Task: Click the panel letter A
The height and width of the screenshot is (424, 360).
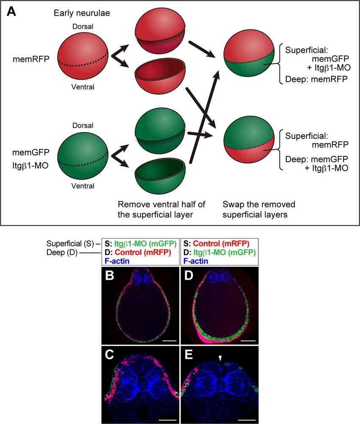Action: tap(11, 11)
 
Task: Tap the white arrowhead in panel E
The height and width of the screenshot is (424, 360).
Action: tap(219, 359)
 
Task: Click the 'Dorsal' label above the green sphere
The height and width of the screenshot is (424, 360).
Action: tap(83, 126)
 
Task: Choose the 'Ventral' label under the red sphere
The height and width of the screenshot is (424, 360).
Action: tap(83, 87)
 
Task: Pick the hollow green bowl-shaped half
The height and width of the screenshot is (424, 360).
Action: tap(155, 178)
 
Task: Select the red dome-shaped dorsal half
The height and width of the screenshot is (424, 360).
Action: tap(155, 32)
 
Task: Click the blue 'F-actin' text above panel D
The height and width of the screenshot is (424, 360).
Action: tap(196, 261)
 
